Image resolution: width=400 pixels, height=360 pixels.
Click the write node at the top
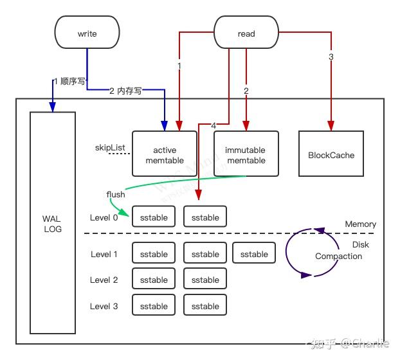pos(87,33)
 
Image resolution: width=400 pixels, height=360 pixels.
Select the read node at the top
pos(246,33)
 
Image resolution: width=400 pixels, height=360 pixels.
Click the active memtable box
pos(165,154)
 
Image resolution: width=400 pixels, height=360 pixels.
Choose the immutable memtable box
pos(246,154)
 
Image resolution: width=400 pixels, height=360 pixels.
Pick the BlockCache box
pos(331,154)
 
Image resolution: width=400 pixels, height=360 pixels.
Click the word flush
pos(116,194)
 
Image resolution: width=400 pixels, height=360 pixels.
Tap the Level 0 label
pos(104,217)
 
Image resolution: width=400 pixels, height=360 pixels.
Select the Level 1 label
pos(104,254)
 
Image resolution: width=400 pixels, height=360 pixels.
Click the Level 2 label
pos(104,280)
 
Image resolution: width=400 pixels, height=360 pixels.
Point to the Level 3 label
pos(104,306)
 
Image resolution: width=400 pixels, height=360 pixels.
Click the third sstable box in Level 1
pos(254,254)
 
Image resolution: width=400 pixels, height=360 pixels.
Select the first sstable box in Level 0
pos(154,217)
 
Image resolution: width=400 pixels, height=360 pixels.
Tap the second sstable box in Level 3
pos(205,306)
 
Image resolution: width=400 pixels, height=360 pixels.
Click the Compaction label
pos(338,256)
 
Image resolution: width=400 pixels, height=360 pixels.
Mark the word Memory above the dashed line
pos(360,224)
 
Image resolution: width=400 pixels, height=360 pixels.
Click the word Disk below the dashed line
pos(360,244)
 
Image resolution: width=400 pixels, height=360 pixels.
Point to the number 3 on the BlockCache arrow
pos(331,57)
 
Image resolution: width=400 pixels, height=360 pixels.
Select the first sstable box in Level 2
pos(154,280)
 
